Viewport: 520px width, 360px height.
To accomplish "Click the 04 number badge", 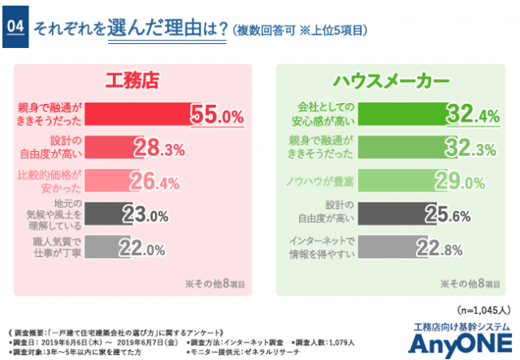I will click(15, 27).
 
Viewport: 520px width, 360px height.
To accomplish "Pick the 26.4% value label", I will click(154, 181).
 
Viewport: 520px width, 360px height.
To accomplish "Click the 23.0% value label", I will click(145, 215).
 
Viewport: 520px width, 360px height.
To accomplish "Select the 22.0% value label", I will click(141, 247).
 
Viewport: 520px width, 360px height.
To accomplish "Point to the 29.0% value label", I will click(458, 180).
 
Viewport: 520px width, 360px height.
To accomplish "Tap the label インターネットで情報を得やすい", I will click(322, 247).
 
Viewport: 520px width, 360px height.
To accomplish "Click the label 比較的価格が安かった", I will click(50, 180).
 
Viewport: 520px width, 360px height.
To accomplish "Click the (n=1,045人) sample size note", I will click(483, 310).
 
